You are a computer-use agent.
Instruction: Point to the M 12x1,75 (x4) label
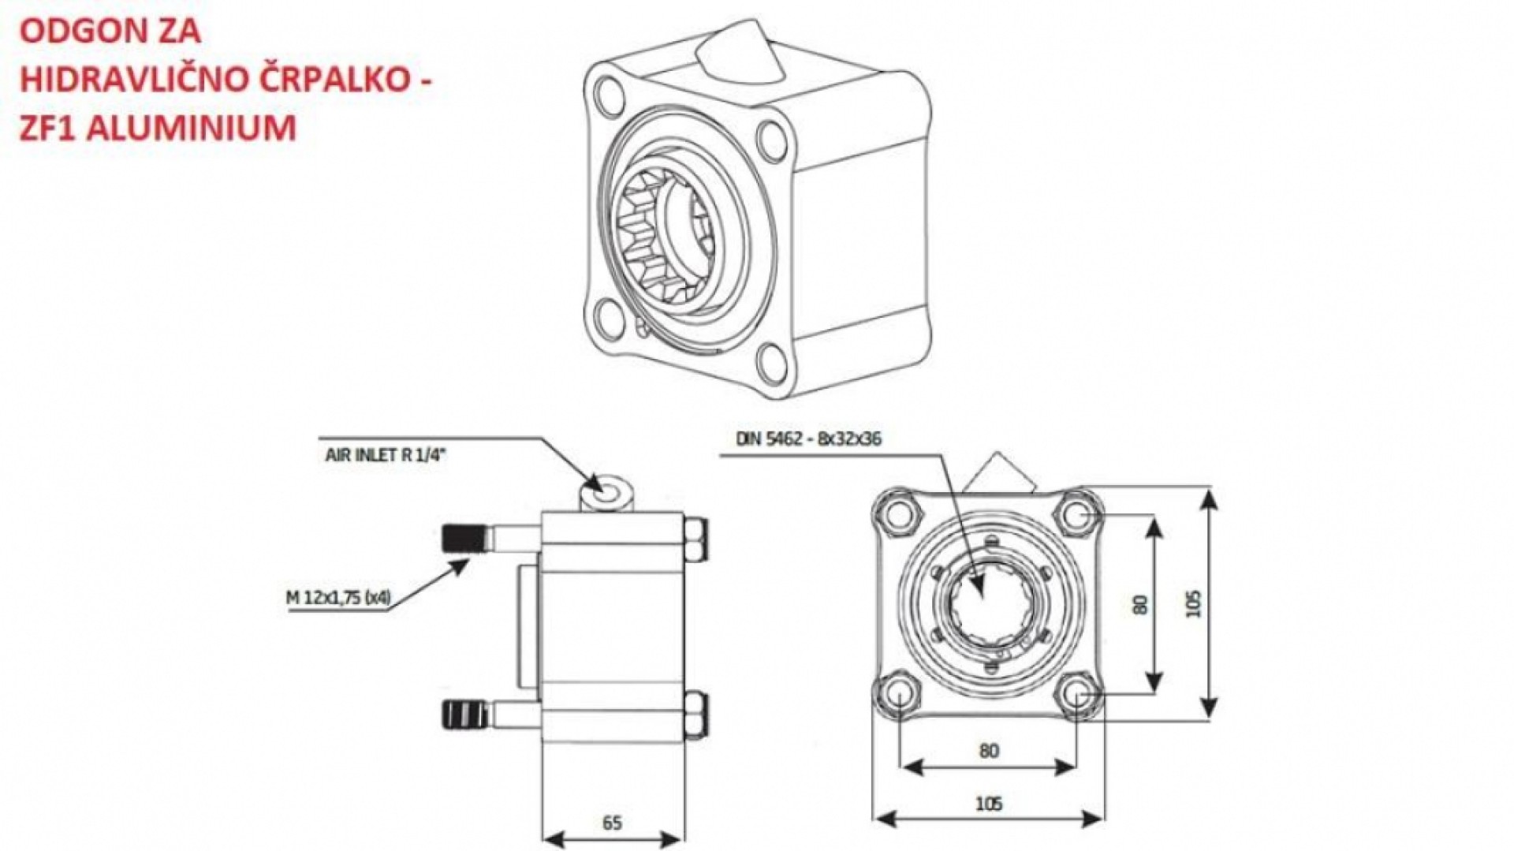click(x=338, y=597)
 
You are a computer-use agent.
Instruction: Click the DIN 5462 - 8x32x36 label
click(x=808, y=439)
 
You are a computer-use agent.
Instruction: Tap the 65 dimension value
click(x=612, y=823)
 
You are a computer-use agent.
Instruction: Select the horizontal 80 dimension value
click(x=988, y=750)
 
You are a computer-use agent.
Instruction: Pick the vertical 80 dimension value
click(x=1141, y=604)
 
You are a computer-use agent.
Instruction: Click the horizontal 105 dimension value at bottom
click(x=988, y=804)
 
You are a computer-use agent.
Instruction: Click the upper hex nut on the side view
click(x=695, y=540)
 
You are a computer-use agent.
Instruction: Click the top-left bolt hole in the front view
click(x=897, y=514)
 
